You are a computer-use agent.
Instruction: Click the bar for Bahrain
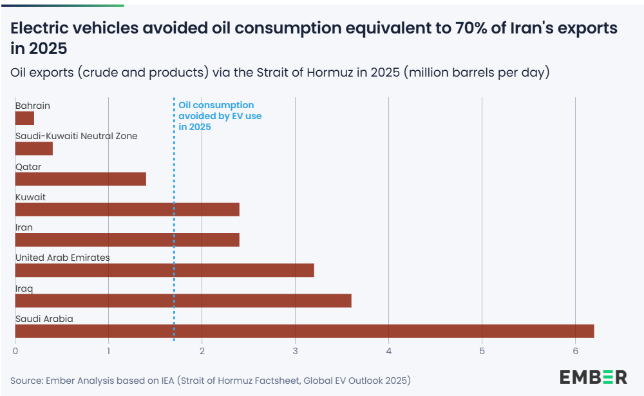pyautogui.click(x=24, y=118)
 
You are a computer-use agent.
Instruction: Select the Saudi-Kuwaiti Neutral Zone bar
pyautogui.click(x=33, y=149)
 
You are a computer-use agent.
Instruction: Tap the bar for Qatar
pyautogui.click(x=80, y=179)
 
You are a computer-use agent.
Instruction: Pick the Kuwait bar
pyautogui.click(x=127, y=209)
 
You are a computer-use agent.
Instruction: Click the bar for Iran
pyautogui.click(x=127, y=240)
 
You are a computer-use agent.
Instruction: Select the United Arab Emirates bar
pyautogui.click(x=164, y=270)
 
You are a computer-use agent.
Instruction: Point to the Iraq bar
pyautogui.click(x=183, y=301)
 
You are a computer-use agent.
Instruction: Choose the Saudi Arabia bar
pyautogui.click(x=304, y=331)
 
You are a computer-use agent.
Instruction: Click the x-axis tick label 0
pyautogui.click(x=15, y=351)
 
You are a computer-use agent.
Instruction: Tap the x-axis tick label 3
pyautogui.click(x=296, y=351)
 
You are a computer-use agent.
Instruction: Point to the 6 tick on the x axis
pyautogui.click(x=575, y=351)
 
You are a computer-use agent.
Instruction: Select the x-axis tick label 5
pyautogui.click(x=482, y=351)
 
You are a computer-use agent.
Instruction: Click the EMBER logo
pyautogui.click(x=592, y=377)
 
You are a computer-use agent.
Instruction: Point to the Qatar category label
pyautogui.click(x=28, y=167)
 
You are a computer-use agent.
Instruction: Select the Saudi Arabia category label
pyautogui.click(x=44, y=319)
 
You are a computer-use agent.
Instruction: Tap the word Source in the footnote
pyautogui.click(x=26, y=380)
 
